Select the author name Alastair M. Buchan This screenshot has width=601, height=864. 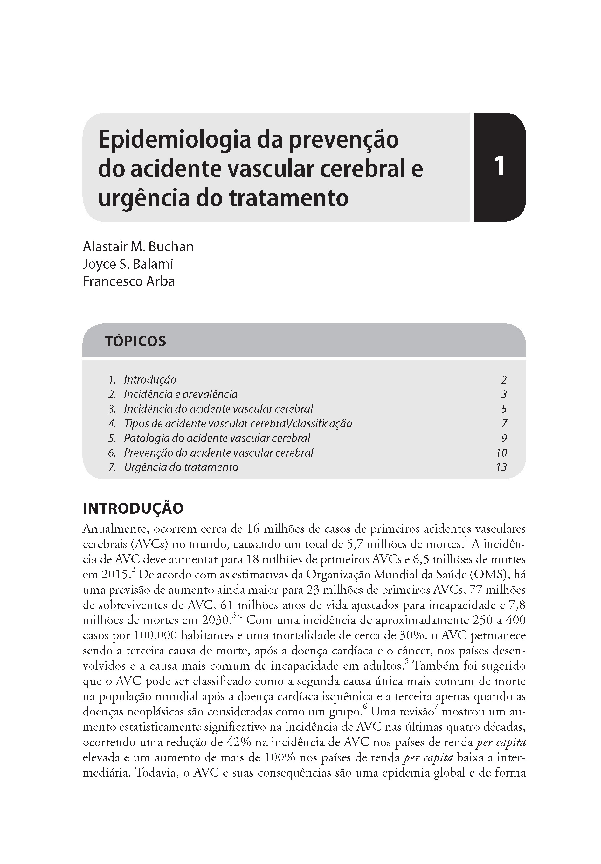[138, 246]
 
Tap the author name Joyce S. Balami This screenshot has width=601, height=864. [128, 264]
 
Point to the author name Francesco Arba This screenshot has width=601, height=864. [129, 281]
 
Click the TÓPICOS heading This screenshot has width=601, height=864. [135, 341]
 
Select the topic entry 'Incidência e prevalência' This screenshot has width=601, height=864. [181, 394]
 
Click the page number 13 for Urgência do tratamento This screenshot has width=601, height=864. [501, 467]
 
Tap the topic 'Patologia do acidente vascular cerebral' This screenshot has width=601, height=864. [217, 438]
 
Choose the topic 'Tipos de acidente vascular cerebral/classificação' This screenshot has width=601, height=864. [238, 423]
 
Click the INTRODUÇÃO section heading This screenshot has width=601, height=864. [133, 508]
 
